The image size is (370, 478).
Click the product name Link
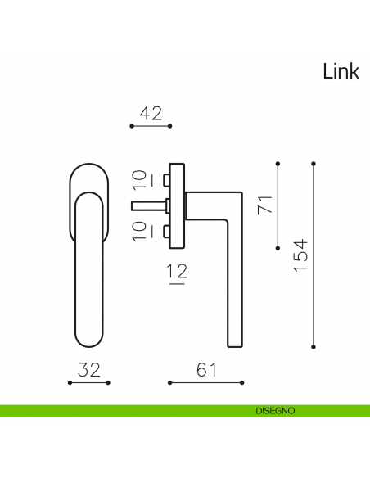pos(341,72)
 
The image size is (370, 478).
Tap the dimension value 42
pos(151,114)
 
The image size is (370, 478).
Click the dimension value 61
pos(206,370)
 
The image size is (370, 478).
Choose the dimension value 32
pos(88,370)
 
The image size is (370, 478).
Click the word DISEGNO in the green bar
pos(274,410)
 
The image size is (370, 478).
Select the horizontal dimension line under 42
pos(151,126)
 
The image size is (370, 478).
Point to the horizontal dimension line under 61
pos(206,382)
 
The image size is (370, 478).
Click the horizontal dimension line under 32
pos(88,382)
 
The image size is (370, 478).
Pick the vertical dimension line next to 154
pos(314,255)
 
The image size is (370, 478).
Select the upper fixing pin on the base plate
pos(167,178)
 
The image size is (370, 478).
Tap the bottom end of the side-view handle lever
pos(235,342)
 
